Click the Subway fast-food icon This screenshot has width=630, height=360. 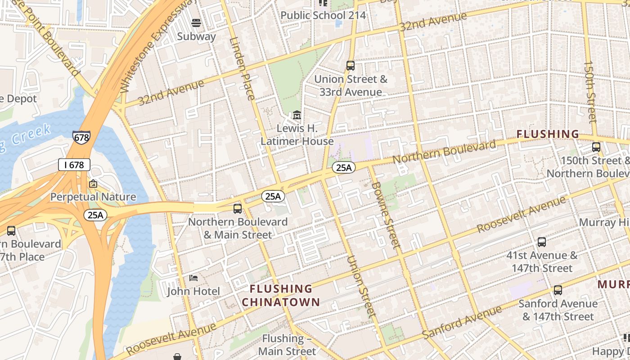[196, 22]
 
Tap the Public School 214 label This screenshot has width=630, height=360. [323, 15]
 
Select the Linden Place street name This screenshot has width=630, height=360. [243, 68]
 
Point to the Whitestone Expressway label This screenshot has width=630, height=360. [159, 45]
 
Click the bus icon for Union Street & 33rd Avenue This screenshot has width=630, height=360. [351, 66]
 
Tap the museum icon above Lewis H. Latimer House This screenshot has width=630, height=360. [297, 116]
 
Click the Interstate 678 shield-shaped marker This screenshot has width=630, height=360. [81, 137]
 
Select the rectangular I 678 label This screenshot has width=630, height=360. [74, 165]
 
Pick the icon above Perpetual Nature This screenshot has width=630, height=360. [93, 184]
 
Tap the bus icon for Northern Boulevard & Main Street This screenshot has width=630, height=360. [238, 209]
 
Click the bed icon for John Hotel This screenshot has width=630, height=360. [193, 278]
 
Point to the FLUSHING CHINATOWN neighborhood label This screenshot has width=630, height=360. [281, 295]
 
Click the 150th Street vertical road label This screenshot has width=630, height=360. [590, 92]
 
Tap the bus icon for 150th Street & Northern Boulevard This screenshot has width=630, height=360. [596, 147]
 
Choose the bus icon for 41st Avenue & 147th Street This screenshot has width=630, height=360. [542, 242]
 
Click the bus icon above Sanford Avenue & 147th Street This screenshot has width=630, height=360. [558, 290]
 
